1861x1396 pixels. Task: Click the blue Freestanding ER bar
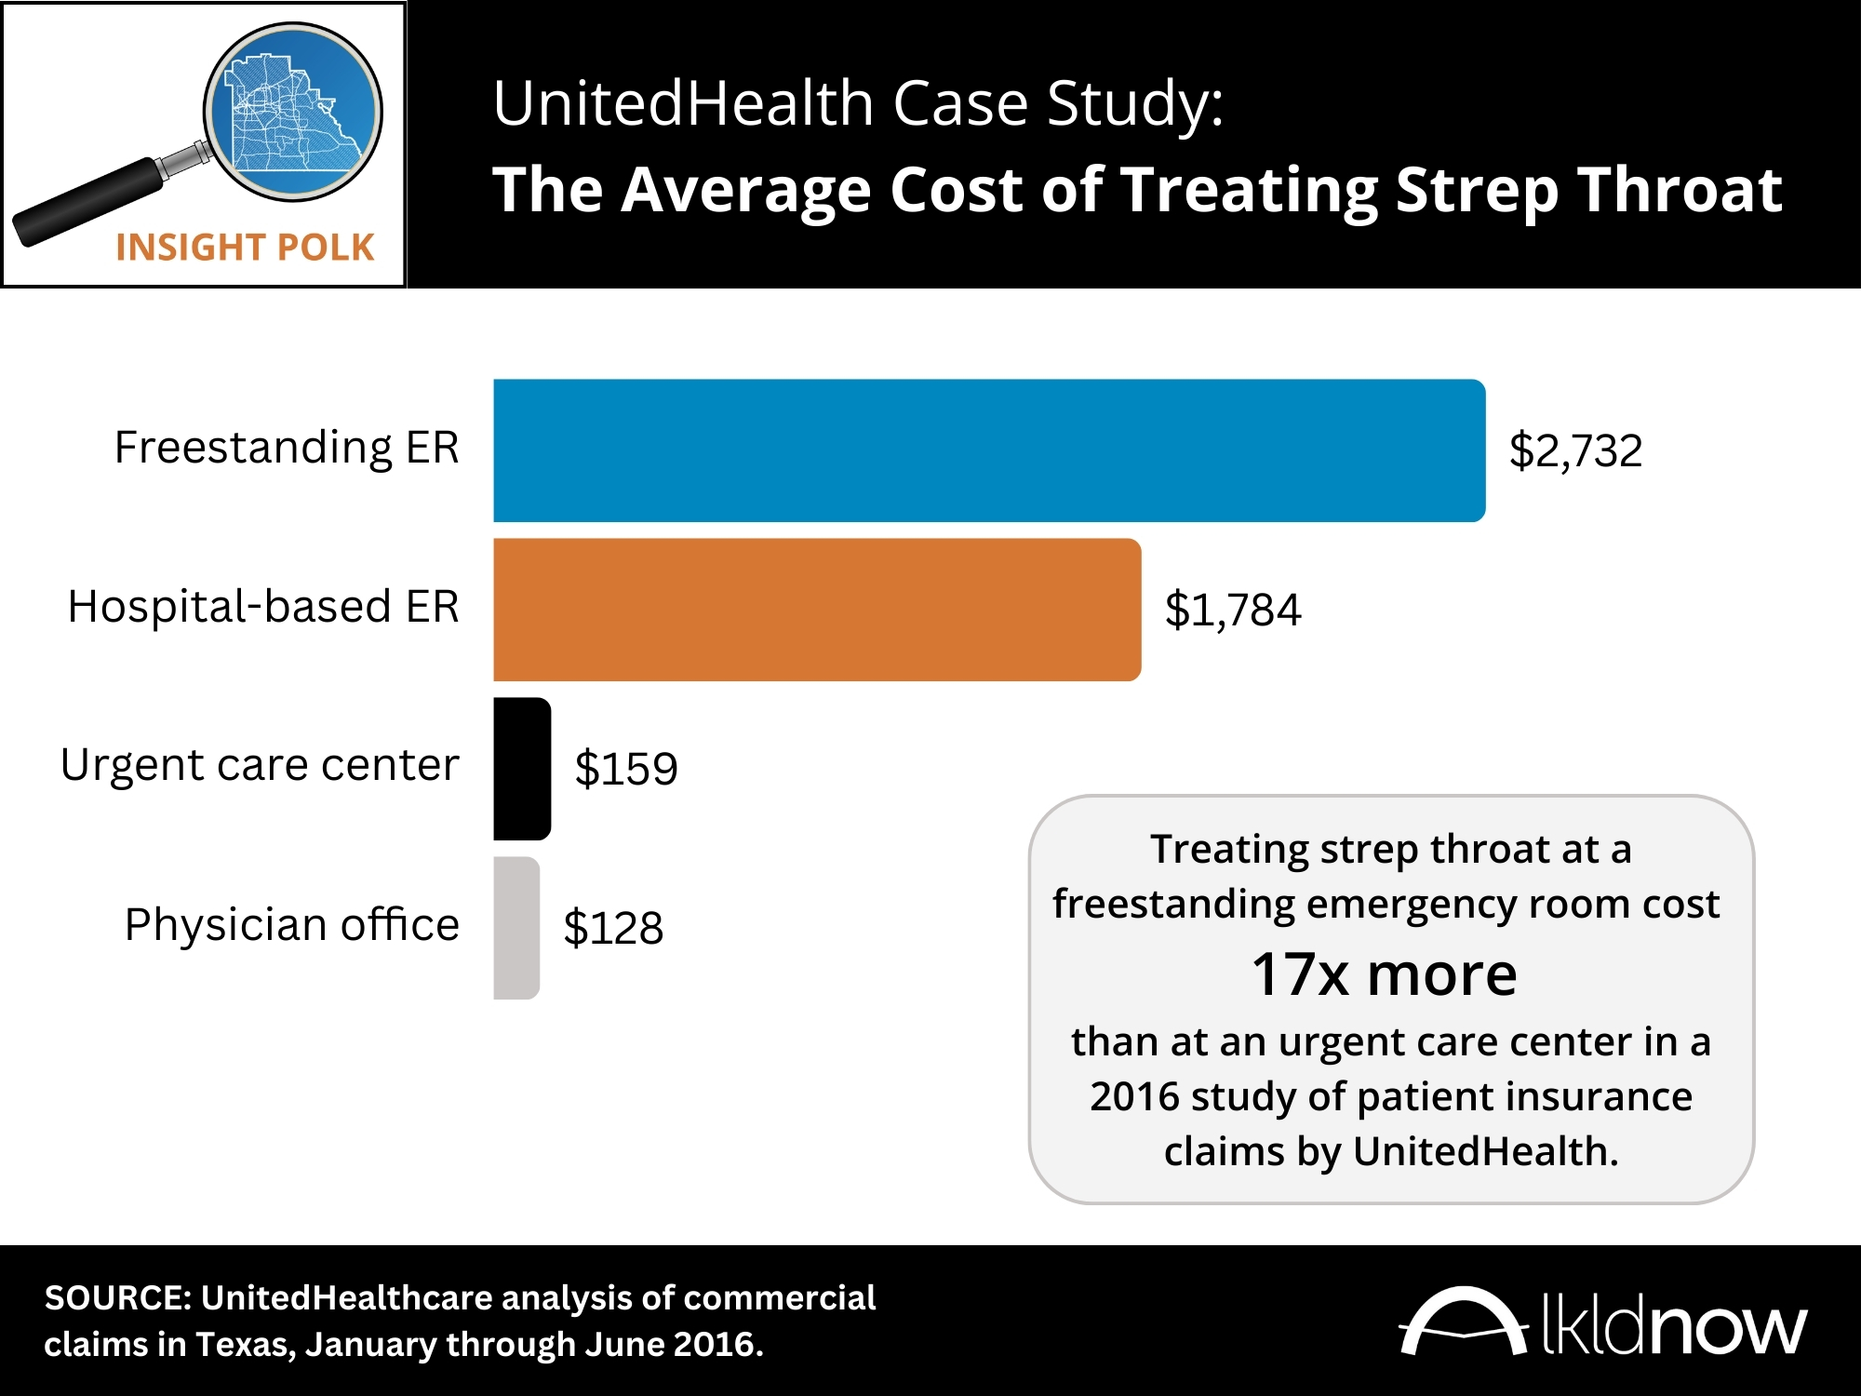tap(989, 450)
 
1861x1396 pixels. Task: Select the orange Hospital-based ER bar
tap(817, 610)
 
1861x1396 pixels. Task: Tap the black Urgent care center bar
tap(522, 769)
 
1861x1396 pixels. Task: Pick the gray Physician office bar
tap(516, 928)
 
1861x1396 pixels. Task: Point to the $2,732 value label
tap(1575, 451)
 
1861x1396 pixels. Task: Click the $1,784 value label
tap(1233, 611)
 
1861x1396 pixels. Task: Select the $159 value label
tap(626, 770)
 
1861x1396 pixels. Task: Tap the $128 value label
tap(613, 929)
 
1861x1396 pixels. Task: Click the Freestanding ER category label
tap(287, 448)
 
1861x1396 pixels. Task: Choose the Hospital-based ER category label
tap(263, 607)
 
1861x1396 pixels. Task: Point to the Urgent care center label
tap(260, 766)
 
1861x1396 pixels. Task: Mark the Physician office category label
tap(292, 925)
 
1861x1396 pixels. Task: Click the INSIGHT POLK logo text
tap(245, 248)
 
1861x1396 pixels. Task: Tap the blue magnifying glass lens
tap(294, 112)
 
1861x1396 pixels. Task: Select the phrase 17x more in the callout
tap(1384, 974)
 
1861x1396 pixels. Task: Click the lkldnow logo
tap(1602, 1322)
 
